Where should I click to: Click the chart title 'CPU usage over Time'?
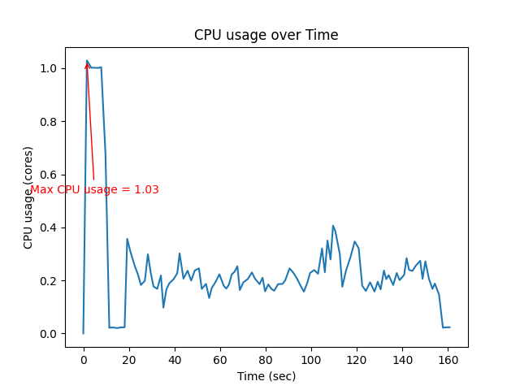tap(266, 35)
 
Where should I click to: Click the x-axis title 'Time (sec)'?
tap(266, 376)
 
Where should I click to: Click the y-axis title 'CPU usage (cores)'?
tap(28, 197)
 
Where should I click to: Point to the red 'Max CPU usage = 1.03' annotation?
tap(94, 189)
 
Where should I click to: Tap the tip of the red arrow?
tap(87, 62)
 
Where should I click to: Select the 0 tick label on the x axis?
tap(83, 358)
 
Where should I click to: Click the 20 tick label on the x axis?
tap(128, 358)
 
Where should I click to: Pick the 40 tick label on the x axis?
tap(174, 358)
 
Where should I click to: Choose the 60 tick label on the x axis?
tap(219, 358)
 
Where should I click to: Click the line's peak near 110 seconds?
tap(333, 226)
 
